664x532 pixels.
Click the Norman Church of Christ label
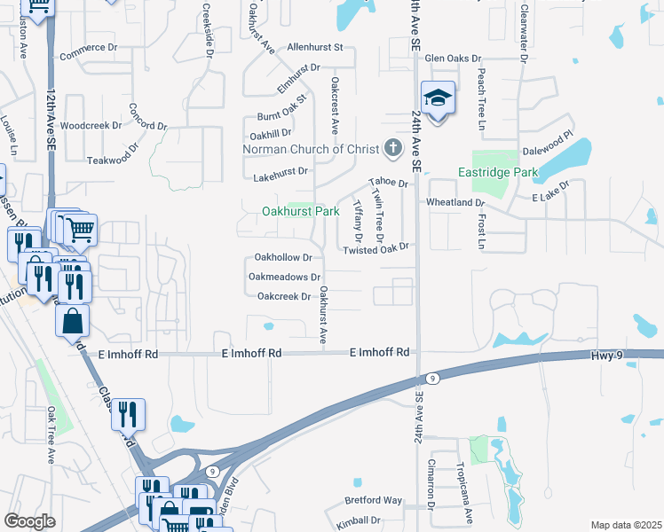click(311, 149)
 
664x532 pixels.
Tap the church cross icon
click(391, 148)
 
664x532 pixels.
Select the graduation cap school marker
click(438, 98)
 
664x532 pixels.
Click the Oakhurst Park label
click(301, 212)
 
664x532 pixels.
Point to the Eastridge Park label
click(494, 171)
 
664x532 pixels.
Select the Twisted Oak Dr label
click(376, 251)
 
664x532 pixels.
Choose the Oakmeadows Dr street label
click(284, 277)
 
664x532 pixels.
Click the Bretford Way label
click(374, 501)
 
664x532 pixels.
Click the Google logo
click(30, 521)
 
